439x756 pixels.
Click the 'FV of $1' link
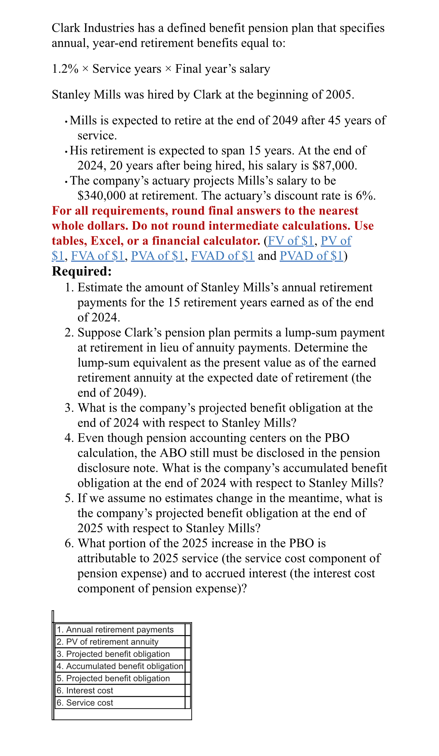point(291,241)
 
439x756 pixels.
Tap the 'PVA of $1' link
point(158,256)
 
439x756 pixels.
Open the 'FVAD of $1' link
point(223,256)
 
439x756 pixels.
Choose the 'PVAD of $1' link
point(311,256)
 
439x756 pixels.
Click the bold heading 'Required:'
point(82,271)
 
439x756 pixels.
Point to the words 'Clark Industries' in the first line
point(93,28)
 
